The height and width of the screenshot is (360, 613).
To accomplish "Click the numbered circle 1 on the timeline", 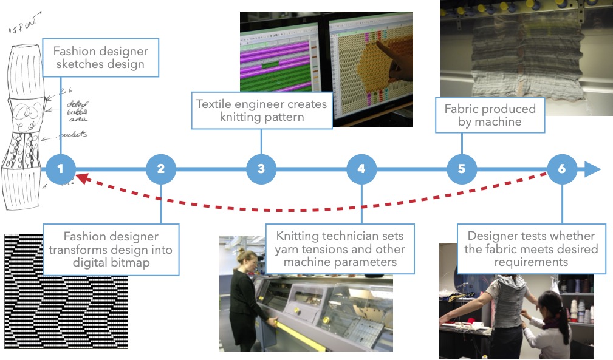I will tap(60, 169).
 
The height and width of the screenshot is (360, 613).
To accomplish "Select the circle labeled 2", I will tap(160, 169).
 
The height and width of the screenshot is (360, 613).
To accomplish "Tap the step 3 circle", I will tap(261, 169).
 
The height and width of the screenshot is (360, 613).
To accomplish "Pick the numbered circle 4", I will tap(361, 169).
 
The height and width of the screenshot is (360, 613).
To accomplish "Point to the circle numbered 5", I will tap(462, 169).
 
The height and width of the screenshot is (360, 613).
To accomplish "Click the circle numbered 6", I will tap(562, 169).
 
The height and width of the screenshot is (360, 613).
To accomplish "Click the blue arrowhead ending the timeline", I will tap(592, 169).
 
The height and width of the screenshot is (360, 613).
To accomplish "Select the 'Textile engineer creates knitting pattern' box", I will tap(262, 110).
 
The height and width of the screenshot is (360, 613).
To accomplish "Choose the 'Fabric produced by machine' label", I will tap(490, 115).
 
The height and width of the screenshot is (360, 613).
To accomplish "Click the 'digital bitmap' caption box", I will tap(111, 250).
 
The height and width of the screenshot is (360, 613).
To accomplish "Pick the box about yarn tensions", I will tap(340, 248).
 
